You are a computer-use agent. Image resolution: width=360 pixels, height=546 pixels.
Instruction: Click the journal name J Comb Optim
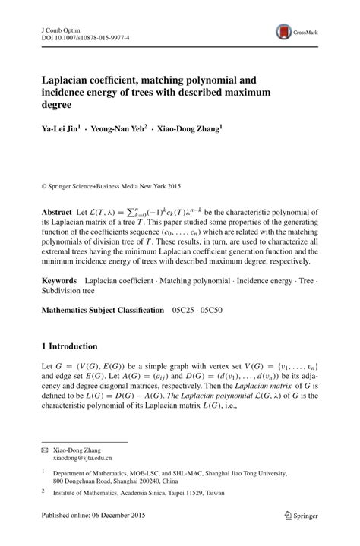(59, 27)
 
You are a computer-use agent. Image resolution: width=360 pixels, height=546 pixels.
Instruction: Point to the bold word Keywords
(60, 281)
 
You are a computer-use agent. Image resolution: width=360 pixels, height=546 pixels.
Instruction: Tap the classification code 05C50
(218, 311)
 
